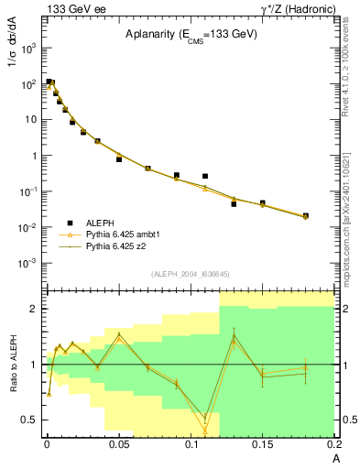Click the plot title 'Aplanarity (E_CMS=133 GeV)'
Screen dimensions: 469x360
click(x=190, y=35)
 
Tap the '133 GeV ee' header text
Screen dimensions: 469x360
click(x=70, y=8)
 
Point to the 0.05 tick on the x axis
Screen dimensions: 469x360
click(x=118, y=444)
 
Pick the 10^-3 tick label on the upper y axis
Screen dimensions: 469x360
click(x=27, y=263)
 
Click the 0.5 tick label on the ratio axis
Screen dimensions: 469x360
click(x=29, y=420)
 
